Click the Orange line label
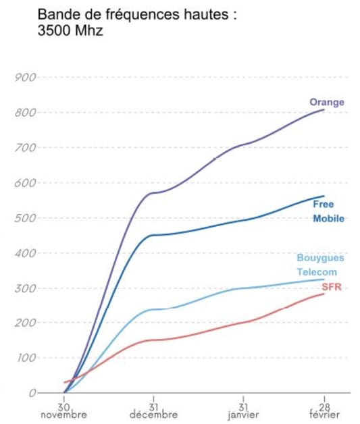327,103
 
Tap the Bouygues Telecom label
320,265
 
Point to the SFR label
332,288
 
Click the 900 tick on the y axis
25,77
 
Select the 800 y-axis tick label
25,112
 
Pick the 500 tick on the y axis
25,218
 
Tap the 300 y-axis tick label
25,288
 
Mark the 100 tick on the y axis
25,358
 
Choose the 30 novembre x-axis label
64,411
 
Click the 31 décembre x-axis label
153,411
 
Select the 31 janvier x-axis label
242,411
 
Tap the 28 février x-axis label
324,411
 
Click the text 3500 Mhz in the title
70,31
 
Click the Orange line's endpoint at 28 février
324,109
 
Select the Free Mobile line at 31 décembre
153,235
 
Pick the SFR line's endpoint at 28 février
324,294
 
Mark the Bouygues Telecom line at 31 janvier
242,288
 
